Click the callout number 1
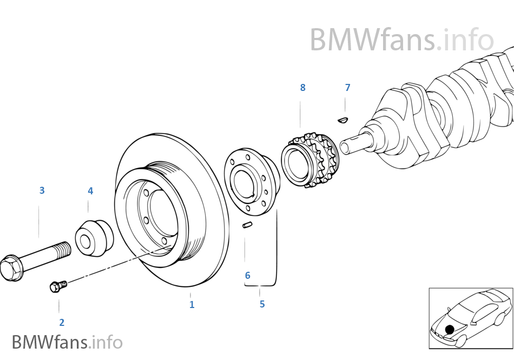tap(192, 305)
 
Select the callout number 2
tap(62, 323)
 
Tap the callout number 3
tap(42, 191)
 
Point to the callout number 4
tap(90, 191)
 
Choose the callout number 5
tap(262, 304)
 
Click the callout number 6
tap(247, 276)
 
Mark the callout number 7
tap(347, 88)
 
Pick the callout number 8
tap(302, 88)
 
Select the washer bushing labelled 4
tap(93, 238)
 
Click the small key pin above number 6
tap(247, 225)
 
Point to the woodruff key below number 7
tap(342, 120)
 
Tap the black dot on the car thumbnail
tap(450, 329)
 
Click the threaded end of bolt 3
tap(62, 250)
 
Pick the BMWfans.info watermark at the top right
tap(401, 40)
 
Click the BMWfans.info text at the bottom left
tap(67, 342)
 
